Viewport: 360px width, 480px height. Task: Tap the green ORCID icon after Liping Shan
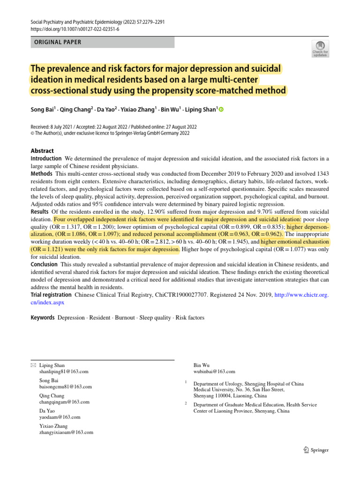click(221, 110)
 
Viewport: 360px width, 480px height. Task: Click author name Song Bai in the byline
click(43, 110)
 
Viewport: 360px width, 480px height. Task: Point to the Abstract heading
click(42, 151)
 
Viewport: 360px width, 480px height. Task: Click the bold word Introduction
click(46, 159)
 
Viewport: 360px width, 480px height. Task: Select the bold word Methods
click(42, 173)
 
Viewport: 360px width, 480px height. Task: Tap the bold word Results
click(40, 212)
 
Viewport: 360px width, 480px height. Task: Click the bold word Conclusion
click(45, 264)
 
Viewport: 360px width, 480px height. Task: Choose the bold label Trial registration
click(51, 295)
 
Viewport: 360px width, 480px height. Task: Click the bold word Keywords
click(43, 318)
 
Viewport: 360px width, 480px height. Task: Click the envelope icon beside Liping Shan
click(33, 365)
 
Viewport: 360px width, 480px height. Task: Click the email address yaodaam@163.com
click(60, 417)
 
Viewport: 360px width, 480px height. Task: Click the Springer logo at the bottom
click(316, 450)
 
